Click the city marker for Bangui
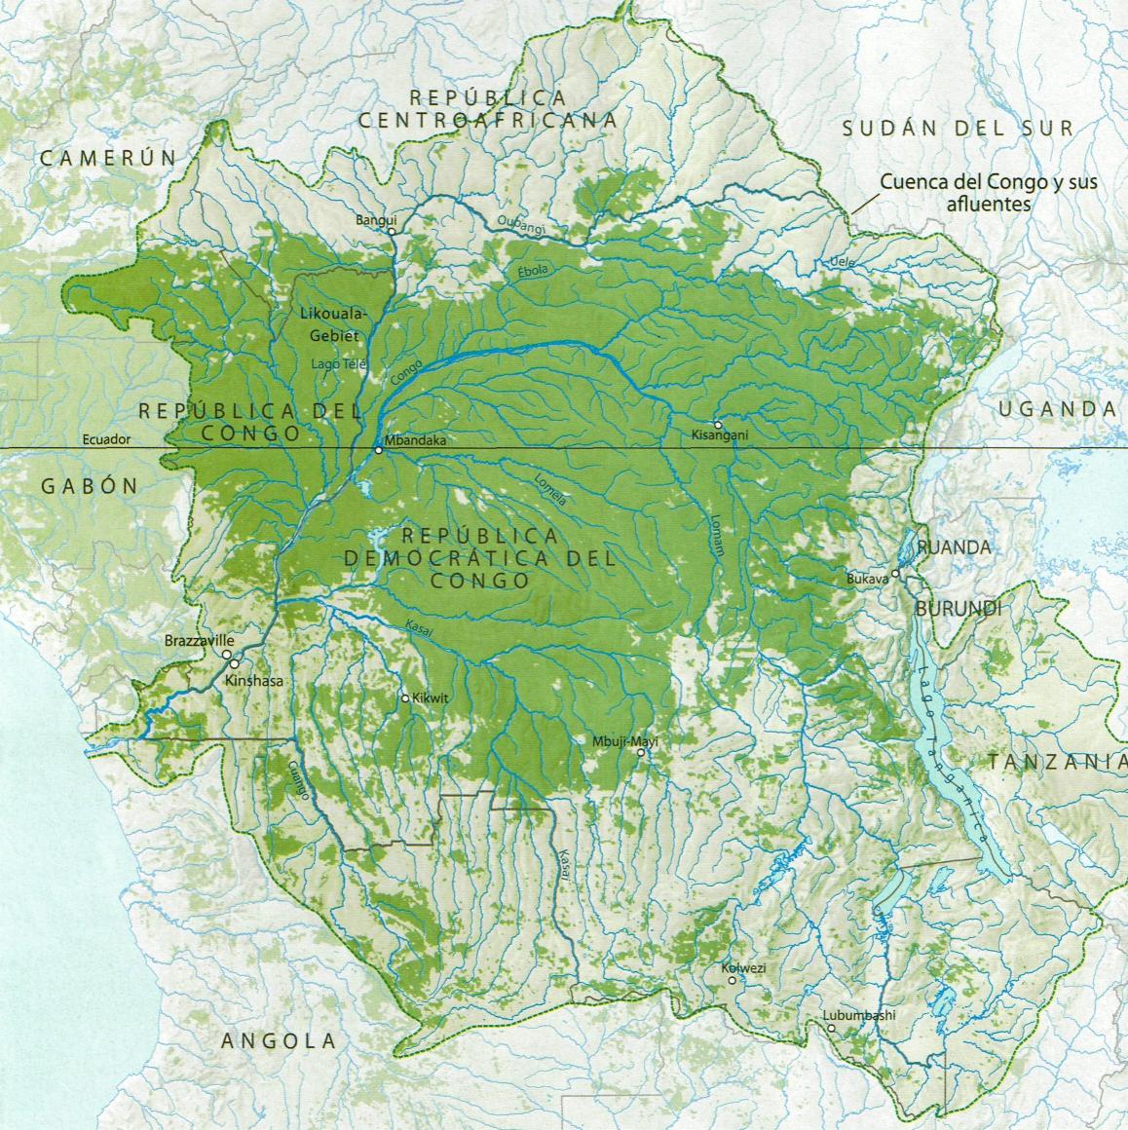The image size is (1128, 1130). click(x=392, y=233)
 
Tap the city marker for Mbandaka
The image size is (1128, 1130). click(x=379, y=450)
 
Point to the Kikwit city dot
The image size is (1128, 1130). click(x=406, y=697)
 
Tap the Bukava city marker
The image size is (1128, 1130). click(x=896, y=574)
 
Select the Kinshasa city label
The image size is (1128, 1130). click(x=253, y=681)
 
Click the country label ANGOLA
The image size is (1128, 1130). click(x=279, y=1040)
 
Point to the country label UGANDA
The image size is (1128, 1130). click(x=1057, y=409)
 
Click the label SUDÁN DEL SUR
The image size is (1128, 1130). click(x=959, y=128)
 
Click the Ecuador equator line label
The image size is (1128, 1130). click(x=106, y=439)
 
